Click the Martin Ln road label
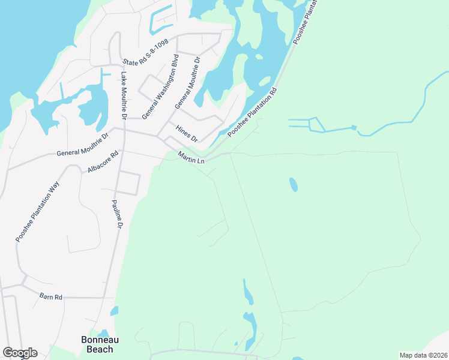pos(191,158)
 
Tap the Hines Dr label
pos(186,133)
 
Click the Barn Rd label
pos(51,296)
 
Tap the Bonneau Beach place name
pos(97,344)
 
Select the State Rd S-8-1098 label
pos(146,53)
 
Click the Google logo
pos(20,353)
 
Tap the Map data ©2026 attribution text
pos(423,355)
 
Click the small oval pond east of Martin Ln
pos(293,185)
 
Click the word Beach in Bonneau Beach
pos(97,349)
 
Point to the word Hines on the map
pos(182,130)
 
